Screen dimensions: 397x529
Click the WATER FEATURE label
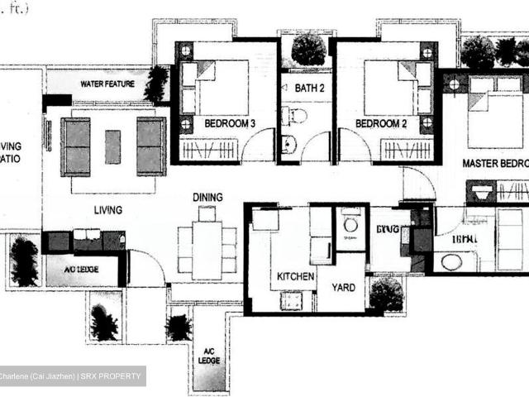102,84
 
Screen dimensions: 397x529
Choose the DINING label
207,197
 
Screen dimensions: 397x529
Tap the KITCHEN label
295,276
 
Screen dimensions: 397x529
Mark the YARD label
343,288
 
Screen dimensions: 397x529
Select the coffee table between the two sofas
112,146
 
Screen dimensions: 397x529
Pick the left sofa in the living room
75,146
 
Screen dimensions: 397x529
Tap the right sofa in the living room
151,146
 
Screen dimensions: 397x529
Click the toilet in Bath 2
298,116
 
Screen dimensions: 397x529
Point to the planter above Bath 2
307,49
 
